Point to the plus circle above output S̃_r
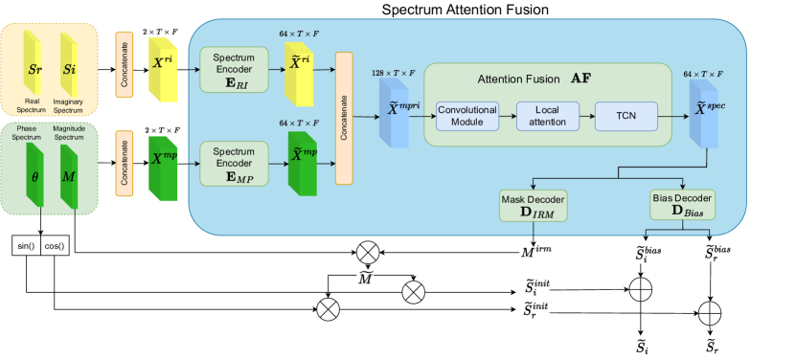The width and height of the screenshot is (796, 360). coord(710,310)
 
